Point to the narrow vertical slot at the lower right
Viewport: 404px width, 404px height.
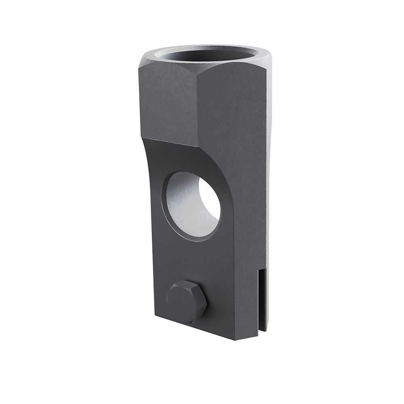(x=261, y=299)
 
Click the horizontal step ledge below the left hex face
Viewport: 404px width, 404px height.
(x=170, y=142)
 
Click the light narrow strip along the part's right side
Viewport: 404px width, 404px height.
(x=267, y=162)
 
